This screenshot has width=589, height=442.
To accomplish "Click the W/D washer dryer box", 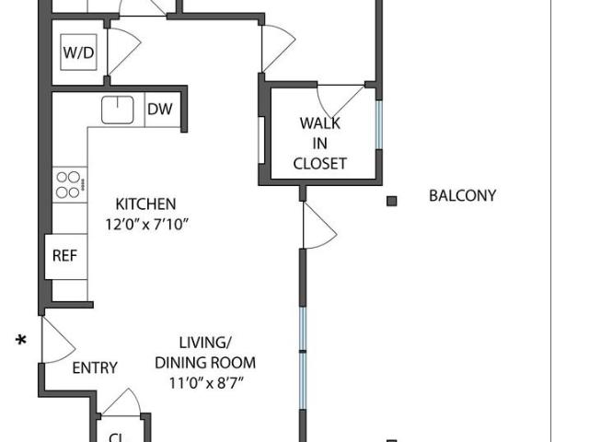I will point(78,52).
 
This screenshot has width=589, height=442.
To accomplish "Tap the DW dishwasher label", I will point(160,110).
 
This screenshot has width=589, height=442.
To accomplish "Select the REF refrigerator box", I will point(64,257).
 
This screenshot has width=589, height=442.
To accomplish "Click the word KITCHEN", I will point(144,204).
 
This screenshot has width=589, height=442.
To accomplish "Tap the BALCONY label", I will point(462,195).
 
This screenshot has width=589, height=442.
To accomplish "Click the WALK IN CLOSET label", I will point(319,143).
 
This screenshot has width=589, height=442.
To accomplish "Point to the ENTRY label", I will point(95,367).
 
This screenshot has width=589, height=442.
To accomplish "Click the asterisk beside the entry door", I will point(20,342).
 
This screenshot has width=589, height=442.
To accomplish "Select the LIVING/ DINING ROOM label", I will point(204,353).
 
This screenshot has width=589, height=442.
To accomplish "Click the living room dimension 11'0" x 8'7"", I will point(204,381).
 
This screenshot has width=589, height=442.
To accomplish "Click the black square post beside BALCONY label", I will point(391,200).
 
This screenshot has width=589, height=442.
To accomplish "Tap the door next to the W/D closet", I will point(121,51).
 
